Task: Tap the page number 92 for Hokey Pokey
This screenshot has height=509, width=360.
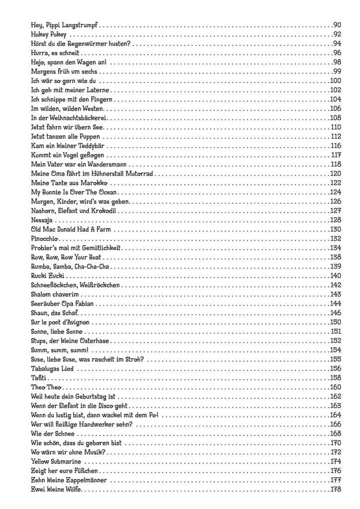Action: click(336, 34)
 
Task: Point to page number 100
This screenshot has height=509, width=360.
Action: click(335, 81)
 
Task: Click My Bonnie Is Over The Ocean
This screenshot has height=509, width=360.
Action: click(73, 192)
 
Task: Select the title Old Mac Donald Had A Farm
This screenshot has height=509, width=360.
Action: click(71, 229)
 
